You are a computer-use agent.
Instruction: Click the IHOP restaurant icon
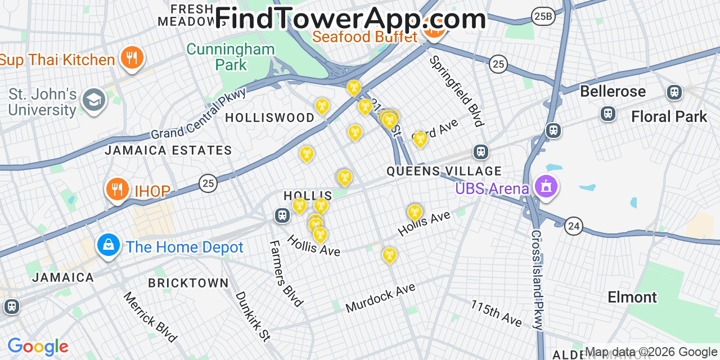117,189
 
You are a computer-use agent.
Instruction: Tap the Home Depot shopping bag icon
108,245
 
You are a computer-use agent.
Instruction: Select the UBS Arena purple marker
546,186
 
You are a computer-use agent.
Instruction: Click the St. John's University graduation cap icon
93,100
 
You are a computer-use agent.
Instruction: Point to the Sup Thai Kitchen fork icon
132,57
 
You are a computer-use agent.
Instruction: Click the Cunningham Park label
231,57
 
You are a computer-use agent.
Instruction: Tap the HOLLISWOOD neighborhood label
269,118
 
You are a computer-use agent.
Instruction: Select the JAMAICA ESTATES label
168,150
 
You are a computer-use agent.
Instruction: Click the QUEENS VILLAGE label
444,171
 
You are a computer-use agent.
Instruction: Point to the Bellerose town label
613,91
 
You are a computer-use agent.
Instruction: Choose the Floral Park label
669,116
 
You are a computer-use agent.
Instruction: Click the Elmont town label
632,297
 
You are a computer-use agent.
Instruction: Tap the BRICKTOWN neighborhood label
188,283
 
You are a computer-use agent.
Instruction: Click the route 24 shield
574,226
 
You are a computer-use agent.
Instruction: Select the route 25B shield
543,16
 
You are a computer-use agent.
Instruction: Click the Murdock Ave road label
380,298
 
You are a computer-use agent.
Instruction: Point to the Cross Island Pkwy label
537,280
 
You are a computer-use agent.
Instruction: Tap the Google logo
38,346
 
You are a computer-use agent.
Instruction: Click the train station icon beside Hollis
282,215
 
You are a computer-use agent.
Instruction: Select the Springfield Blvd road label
456,91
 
